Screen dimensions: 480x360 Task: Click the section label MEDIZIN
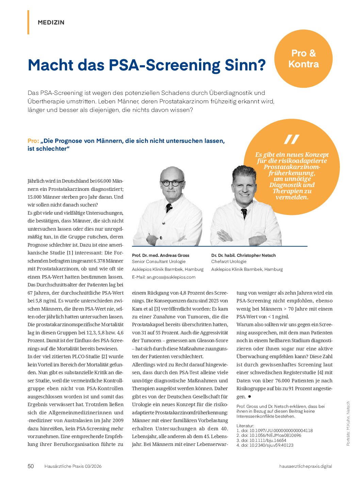click(51, 22)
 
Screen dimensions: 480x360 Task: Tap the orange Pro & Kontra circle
click(303, 59)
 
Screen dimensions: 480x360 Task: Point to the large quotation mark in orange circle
click(292, 139)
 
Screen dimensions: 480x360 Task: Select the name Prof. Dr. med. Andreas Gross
click(160, 255)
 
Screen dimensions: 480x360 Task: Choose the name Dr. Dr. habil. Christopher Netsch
click(243, 255)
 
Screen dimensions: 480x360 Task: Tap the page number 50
click(31, 466)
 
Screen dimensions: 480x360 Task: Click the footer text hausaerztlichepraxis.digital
click(305, 466)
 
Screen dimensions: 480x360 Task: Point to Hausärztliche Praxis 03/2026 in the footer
click(73, 466)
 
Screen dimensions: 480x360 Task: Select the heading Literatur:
click(245, 426)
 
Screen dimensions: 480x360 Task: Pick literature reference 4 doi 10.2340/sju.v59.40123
click(265, 445)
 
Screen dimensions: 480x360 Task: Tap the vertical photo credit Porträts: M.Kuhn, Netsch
click(348, 424)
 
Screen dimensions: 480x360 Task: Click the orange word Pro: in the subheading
click(33, 141)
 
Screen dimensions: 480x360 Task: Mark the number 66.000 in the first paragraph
click(104, 181)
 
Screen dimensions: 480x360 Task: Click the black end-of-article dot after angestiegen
click(249, 396)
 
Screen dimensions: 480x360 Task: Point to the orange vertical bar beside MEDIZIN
click(28, 22)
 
